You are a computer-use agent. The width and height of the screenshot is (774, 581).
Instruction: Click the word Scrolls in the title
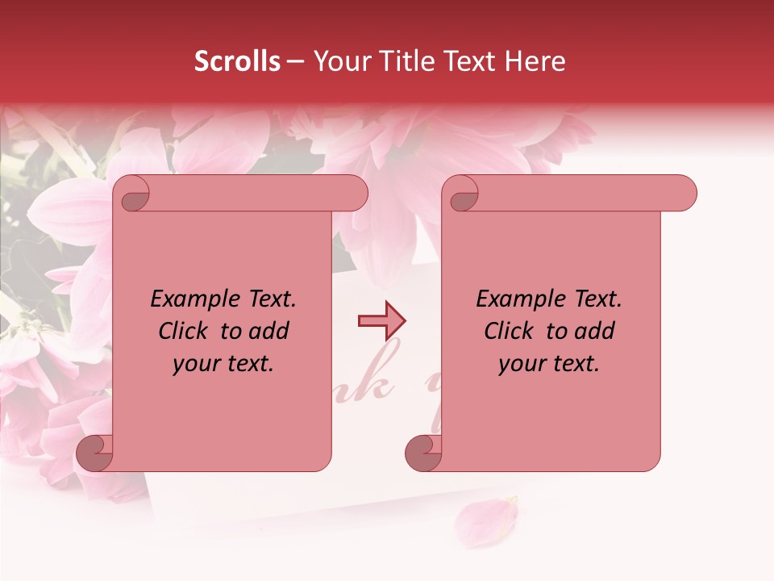tap(237, 61)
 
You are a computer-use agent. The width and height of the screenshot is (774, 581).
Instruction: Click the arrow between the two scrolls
tap(381, 320)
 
